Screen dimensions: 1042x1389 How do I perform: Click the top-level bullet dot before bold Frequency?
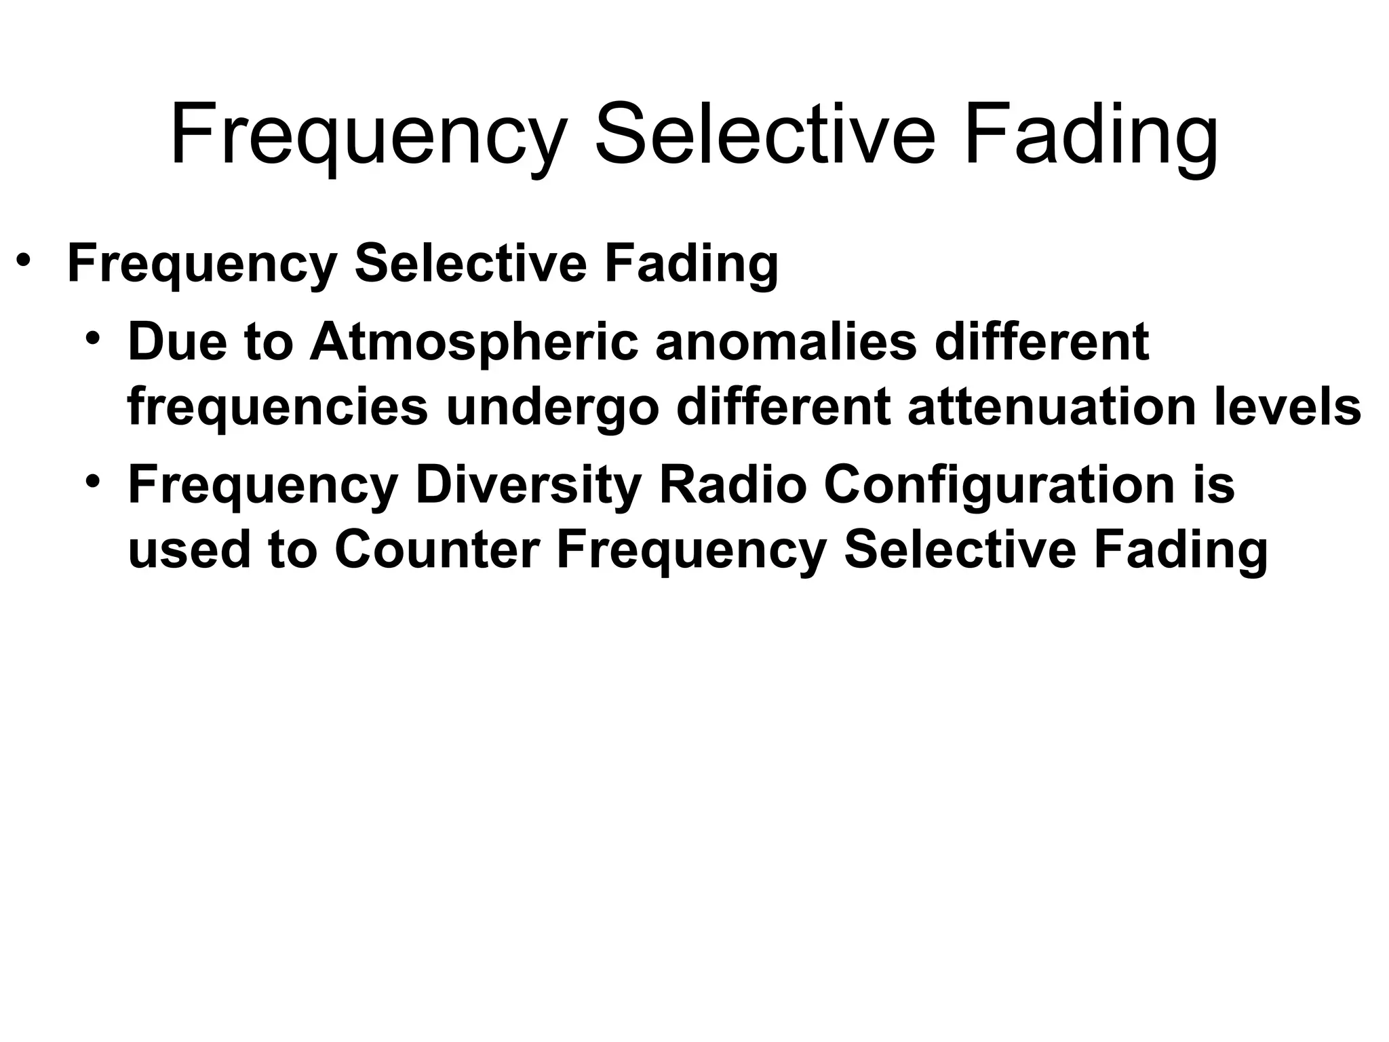point(24,260)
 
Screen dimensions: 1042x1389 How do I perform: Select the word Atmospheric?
point(473,343)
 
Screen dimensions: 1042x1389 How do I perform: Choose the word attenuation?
point(1051,407)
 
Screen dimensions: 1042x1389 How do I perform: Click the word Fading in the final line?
point(1180,551)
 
